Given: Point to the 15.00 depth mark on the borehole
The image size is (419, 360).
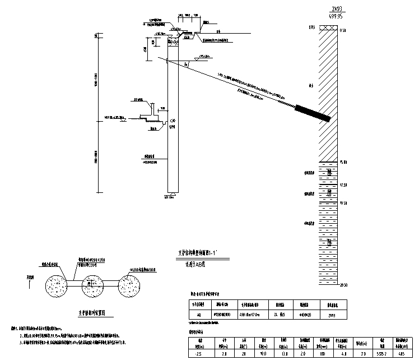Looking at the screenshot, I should [343, 161].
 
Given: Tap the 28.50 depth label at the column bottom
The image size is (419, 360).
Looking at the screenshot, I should [343, 285].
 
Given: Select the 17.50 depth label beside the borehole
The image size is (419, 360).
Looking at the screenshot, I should [343, 184].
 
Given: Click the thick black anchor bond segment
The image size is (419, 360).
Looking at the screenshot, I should [313, 113].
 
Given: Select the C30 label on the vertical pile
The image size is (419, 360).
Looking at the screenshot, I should [173, 121].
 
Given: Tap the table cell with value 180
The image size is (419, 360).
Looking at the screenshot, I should [323, 354].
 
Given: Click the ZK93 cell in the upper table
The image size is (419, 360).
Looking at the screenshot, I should [385, 316].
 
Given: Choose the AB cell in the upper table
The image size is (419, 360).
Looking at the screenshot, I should [199, 316].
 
